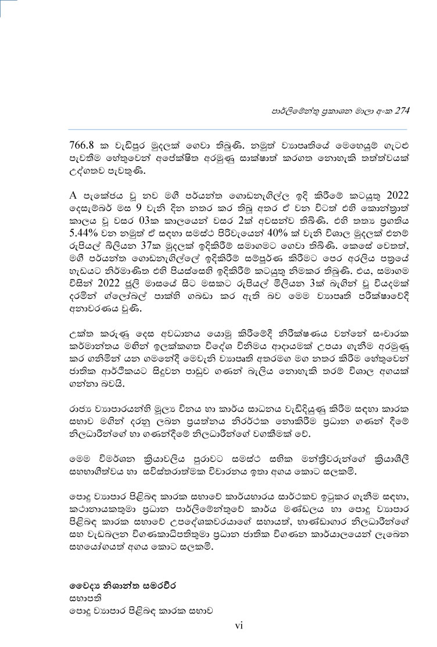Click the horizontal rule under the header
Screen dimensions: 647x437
click(238, 128)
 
